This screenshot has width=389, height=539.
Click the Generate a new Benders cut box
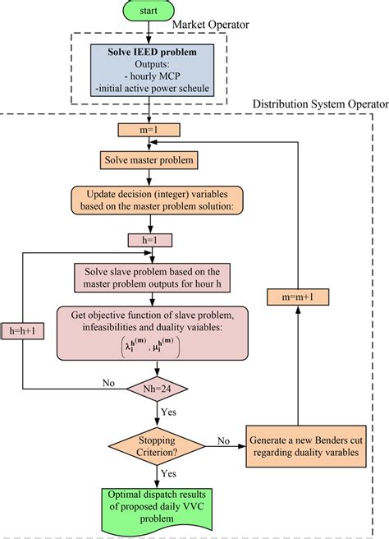point(304,446)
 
